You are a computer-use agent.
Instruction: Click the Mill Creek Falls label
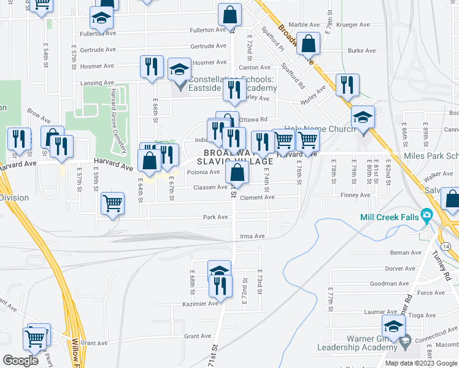click(x=389, y=217)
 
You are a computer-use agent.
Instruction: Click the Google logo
click(x=21, y=361)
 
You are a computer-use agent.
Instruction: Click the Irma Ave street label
click(x=252, y=236)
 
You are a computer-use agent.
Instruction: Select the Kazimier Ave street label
click(x=201, y=304)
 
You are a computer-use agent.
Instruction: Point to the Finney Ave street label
click(x=356, y=195)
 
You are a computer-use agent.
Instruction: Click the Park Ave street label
click(x=215, y=217)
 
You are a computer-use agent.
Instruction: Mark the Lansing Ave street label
click(x=96, y=83)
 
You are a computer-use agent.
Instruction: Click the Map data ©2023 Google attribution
click(x=420, y=363)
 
